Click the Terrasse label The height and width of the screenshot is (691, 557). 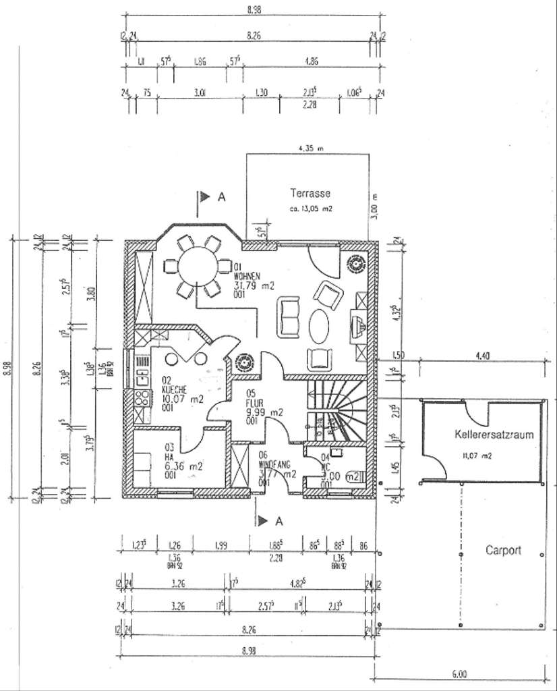click(x=310, y=193)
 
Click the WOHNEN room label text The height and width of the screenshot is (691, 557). click(x=247, y=276)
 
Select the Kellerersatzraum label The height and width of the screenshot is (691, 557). click(x=494, y=435)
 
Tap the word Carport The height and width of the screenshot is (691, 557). click(x=504, y=549)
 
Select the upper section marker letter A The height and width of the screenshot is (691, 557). click(x=221, y=197)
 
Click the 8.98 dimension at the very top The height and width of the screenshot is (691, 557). click(x=254, y=9)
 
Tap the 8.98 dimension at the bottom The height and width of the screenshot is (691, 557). click(x=250, y=651)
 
